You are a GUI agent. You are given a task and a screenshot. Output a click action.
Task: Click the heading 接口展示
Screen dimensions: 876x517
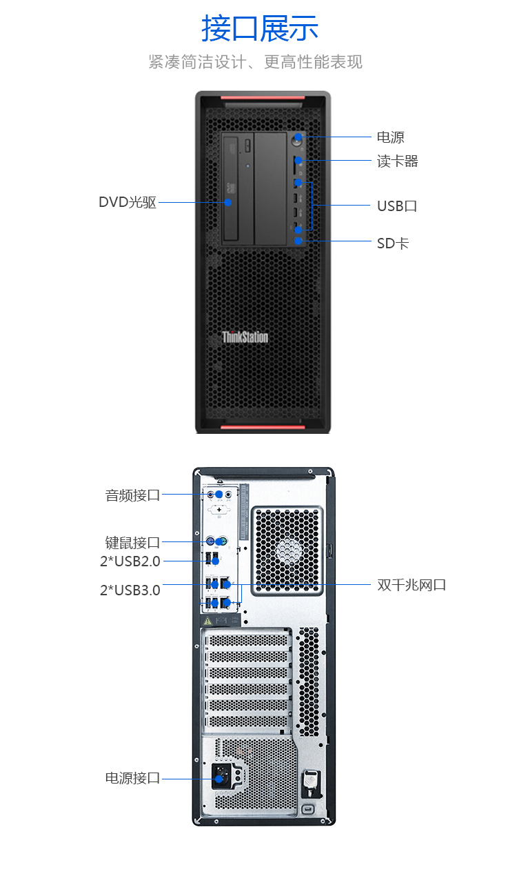pyautogui.click(x=259, y=28)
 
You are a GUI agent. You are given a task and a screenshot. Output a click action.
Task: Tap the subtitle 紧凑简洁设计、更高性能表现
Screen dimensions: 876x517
pyautogui.click(x=255, y=62)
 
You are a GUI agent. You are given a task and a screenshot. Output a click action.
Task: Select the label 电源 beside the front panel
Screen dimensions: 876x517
pyautogui.click(x=390, y=137)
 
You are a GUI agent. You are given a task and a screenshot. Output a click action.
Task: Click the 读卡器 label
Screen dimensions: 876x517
pyautogui.click(x=397, y=161)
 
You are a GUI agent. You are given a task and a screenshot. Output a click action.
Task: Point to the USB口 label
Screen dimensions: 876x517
pyautogui.click(x=396, y=206)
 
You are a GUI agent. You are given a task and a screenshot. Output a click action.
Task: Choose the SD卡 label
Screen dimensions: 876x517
pyautogui.click(x=392, y=243)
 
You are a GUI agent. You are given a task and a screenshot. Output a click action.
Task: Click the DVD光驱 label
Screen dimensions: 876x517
pyautogui.click(x=128, y=202)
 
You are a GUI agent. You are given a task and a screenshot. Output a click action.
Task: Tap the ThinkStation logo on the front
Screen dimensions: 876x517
pyautogui.click(x=245, y=337)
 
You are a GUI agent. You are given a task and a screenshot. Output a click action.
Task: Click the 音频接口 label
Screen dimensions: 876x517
pyautogui.click(x=132, y=495)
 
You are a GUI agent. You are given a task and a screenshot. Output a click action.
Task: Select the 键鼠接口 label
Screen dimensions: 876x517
pyautogui.click(x=132, y=542)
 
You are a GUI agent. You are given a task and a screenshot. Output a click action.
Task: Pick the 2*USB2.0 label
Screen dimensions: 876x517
pyautogui.click(x=130, y=561)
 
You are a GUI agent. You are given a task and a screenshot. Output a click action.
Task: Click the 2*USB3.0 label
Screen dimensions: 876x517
pyautogui.click(x=130, y=590)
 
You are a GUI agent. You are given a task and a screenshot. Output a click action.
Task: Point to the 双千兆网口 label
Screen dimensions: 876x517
pyautogui.click(x=412, y=585)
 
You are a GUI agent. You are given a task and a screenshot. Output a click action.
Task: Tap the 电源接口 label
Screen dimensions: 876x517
pyautogui.click(x=132, y=778)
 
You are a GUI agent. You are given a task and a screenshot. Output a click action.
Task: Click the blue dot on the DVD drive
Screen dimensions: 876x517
pyautogui.click(x=227, y=202)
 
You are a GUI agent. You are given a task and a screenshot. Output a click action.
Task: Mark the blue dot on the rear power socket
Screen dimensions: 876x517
pyautogui.click(x=220, y=779)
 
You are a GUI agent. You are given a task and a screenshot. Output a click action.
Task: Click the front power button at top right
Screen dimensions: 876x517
pyautogui.click(x=298, y=138)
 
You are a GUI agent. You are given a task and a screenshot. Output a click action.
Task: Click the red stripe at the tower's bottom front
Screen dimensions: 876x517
pyautogui.click(x=262, y=428)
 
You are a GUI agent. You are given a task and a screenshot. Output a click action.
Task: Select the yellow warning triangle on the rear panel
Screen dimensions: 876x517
pyautogui.click(x=206, y=620)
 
